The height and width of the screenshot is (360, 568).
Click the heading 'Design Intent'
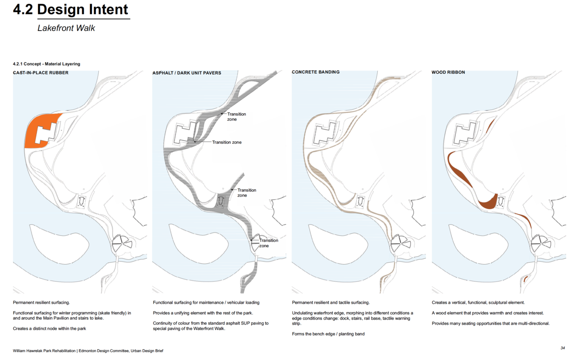click(x=83, y=10)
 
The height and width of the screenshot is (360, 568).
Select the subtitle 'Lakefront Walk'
click(x=66, y=28)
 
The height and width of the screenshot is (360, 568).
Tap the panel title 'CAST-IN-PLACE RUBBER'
click(x=41, y=73)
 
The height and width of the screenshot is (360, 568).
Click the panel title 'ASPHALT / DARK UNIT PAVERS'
click(x=187, y=73)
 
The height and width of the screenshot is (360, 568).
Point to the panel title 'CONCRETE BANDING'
click(x=316, y=72)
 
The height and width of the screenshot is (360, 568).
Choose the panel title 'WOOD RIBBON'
click(x=448, y=72)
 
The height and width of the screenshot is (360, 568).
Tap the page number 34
click(x=563, y=348)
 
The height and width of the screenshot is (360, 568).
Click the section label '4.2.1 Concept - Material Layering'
click(x=47, y=64)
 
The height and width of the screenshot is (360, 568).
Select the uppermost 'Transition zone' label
click(x=237, y=117)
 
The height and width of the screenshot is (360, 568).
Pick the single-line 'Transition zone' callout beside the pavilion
click(x=227, y=142)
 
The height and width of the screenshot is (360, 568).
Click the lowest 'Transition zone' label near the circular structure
click(x=268, y=243)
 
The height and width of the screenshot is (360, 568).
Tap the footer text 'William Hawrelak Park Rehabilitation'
click(x=44, y=351)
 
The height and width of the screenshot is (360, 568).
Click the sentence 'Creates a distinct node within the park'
click(x=49, y=328)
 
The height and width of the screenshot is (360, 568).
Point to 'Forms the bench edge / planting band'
click(x=328, y=334)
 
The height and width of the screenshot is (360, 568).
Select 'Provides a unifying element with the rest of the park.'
click(x=203, y=313)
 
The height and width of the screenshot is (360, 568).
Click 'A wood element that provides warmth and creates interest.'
click(x=488, y=313)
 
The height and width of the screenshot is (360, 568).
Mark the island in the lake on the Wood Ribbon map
click(x=478, y=244)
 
